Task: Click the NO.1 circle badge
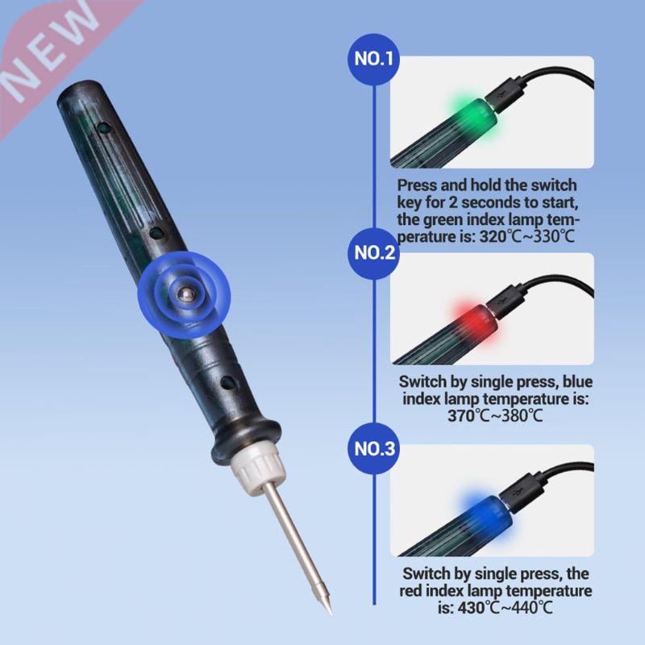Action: click(375, 58)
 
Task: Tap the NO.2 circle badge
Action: click(375, 253)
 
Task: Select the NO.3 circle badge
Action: click(375, 449)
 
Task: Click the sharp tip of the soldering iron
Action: click(329, 610)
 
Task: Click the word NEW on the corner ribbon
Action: click(56, 48)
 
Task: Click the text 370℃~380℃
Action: click(495, 416)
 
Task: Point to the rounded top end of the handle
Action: click(77, 89)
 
